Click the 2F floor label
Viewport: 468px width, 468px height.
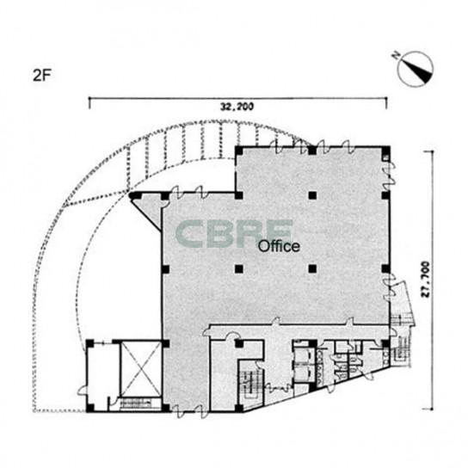pos(42,76)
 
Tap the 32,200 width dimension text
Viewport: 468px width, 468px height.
pos(237,107)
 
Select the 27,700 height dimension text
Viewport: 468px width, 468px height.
pos(425,280)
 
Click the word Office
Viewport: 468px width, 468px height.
pos(279,247)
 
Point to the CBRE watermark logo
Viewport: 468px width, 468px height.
pos(234,233)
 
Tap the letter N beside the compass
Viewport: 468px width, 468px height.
pos(396,55)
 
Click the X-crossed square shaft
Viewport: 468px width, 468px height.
pos(140,370)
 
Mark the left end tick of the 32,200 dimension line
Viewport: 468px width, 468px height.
pos(89,102)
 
